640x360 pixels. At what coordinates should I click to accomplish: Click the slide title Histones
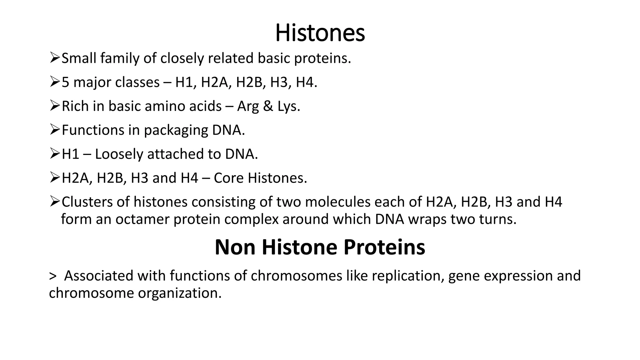click(x=320, y=33)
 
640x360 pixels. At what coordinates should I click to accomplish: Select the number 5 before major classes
click(x=65, y=82)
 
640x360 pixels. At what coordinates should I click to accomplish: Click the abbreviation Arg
click(x=248, y=107)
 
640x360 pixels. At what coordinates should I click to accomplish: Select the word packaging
click(x=176, y=131)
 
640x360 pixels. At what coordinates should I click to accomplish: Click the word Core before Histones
click(x=229, y=178)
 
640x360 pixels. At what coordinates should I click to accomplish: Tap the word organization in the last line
click(x=180, y=293)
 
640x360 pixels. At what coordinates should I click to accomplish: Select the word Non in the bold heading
click(x=235, y=247)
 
